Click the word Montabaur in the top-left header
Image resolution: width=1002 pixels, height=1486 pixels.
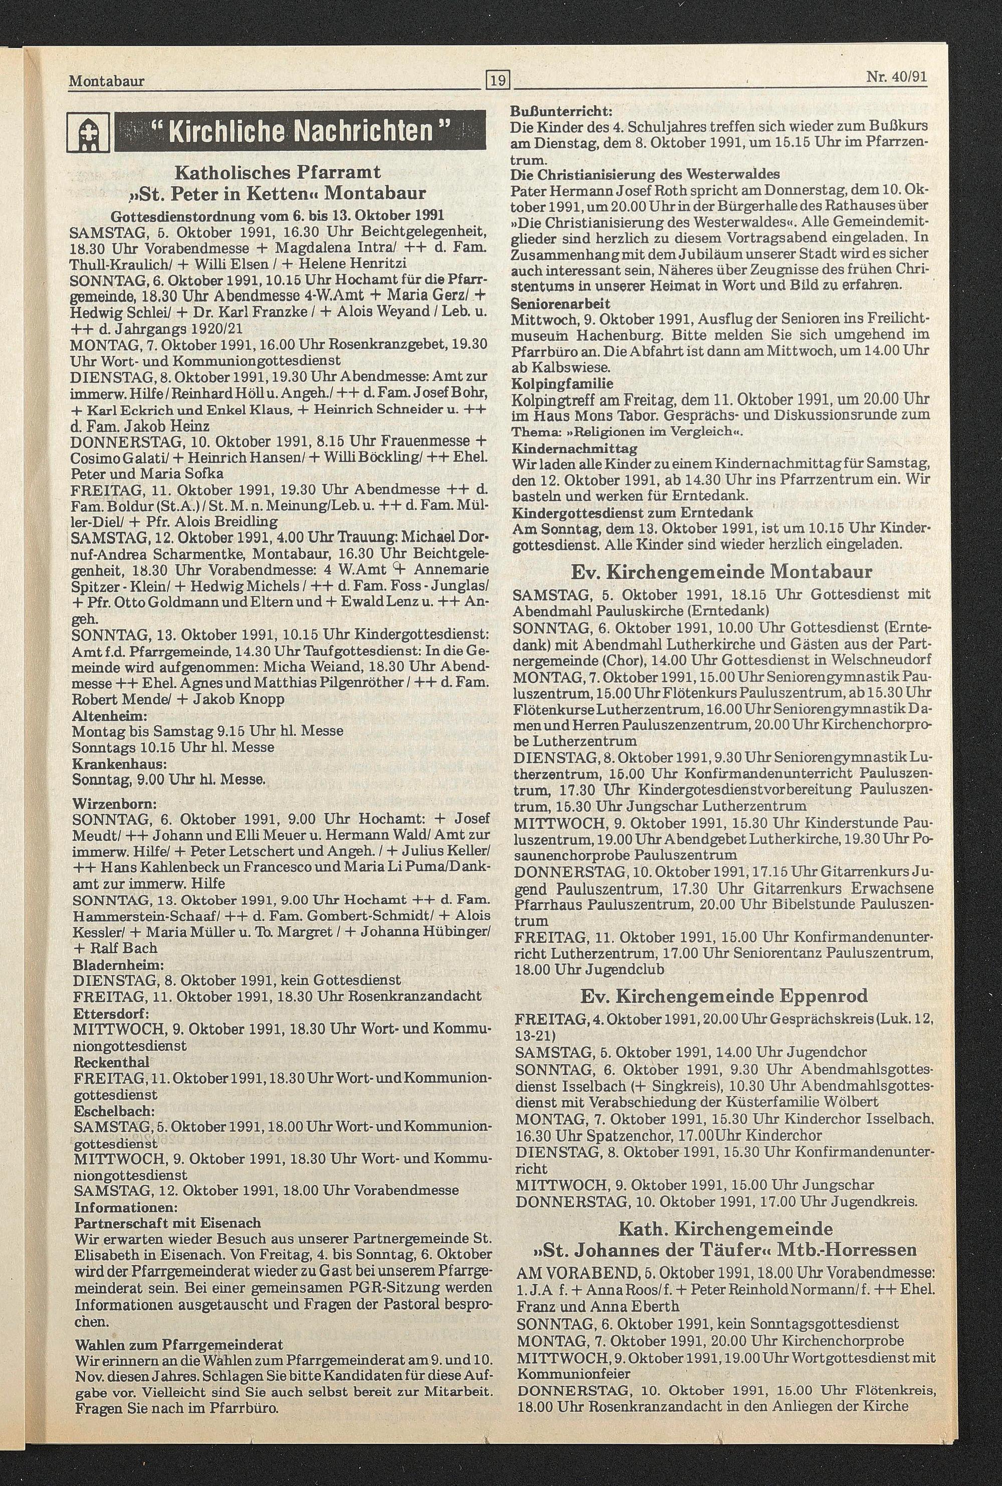(x=106, y=81)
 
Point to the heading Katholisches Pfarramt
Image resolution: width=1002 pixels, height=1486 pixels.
(x=278, y=172)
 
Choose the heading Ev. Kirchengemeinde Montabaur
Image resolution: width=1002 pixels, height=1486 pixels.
(x=721, y=571)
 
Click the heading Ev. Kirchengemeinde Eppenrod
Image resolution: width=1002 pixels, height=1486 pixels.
(x=724, y=996)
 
